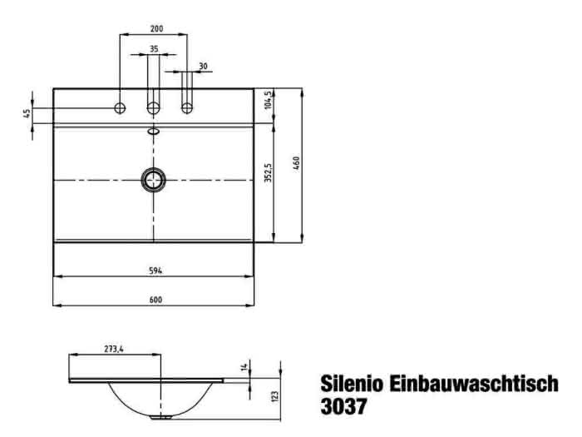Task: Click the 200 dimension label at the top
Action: [156, 28]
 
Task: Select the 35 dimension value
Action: [154, 48]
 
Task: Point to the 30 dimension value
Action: [203, 66]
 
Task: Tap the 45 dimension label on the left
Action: [27, 113]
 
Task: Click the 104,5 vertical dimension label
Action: [269, 100]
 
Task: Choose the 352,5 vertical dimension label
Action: [268, 172]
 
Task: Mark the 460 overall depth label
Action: [296, 163]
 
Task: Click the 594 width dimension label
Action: [155, 271]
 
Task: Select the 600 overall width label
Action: [155, 300]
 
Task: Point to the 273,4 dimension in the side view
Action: [114, 349]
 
